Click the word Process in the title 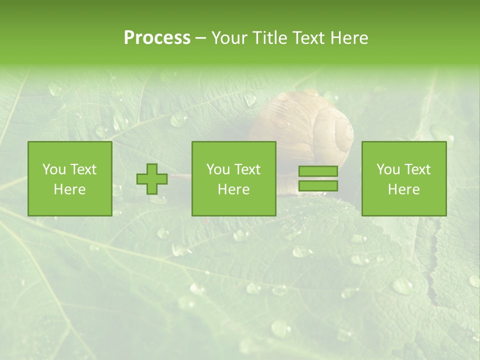coord(157,38)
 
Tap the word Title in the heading coord(269,38)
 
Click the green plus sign coord(152,179)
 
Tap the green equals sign coord(318,178)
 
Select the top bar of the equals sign coord(318,171)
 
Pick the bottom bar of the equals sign coord(318,186)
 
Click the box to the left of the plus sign coord(70,179)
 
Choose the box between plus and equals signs coord(234,179)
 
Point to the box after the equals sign coord(404,179)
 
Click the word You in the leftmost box coord(54,169)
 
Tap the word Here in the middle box coord(234,189)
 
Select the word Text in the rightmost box coord(418,169)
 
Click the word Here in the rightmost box coord(404,189)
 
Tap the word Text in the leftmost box coord(83,169)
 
